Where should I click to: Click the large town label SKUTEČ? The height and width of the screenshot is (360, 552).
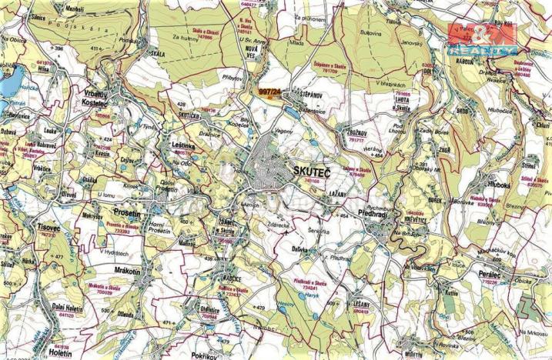click(x=310, y=170)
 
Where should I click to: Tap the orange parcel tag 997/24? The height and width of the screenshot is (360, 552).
click(x=269, y=92)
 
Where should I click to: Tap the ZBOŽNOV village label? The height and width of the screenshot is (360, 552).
click(x=354, y=131)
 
